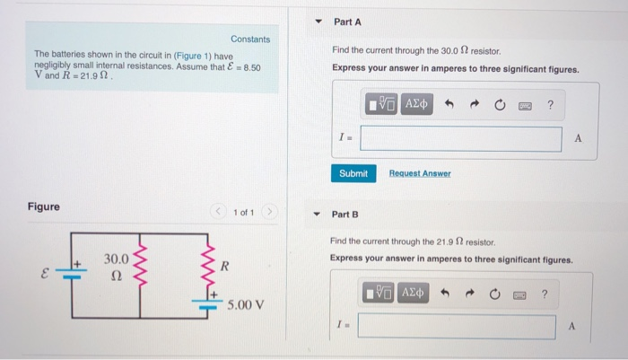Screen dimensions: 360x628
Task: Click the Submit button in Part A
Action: (353, 173)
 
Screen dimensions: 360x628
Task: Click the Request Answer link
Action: (420, 173)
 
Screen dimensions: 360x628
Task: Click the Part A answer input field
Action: (461, 139)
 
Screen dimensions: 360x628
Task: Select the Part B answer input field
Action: (457, 326)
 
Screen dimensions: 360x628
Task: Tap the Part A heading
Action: (346, 22)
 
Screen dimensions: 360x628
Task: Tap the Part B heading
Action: (345, 215)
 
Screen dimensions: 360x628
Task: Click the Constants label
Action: (250, 40)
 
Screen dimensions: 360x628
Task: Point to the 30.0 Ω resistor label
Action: (117, 267)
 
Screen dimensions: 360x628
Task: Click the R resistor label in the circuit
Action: (226, 267)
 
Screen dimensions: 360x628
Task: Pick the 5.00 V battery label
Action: (245, 304)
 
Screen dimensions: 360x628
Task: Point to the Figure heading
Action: (44, 206)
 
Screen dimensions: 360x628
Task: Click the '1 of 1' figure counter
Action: (243, 213)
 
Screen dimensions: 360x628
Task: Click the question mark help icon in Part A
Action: (551, 105)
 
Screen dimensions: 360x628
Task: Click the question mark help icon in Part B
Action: (544, 294)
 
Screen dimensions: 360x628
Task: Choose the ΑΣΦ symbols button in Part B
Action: (414, 294)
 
